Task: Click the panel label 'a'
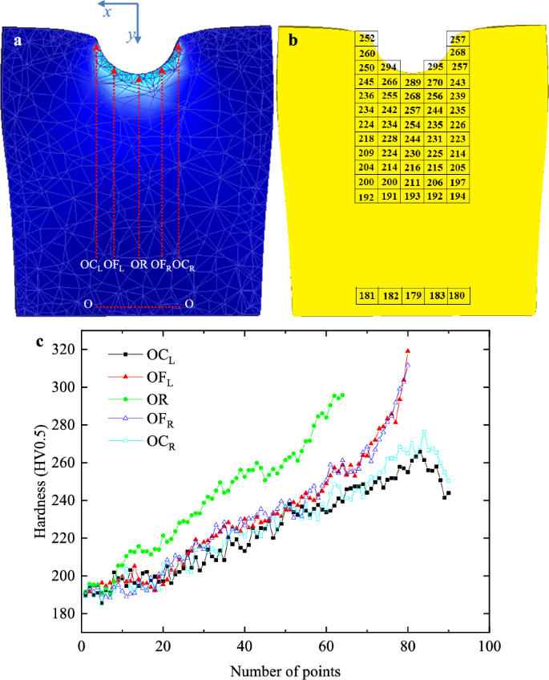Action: [x=18, y=40]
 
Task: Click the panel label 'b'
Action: [x=293, y=40]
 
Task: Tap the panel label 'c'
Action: [x=39, y=342]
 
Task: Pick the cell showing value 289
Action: [x=413, y=83]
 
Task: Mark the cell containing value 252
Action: [x=367, y=38]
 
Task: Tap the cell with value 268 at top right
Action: [x=458, y=53]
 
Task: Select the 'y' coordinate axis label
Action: [x=129, y=36]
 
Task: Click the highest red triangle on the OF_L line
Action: [x=408, y=351]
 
